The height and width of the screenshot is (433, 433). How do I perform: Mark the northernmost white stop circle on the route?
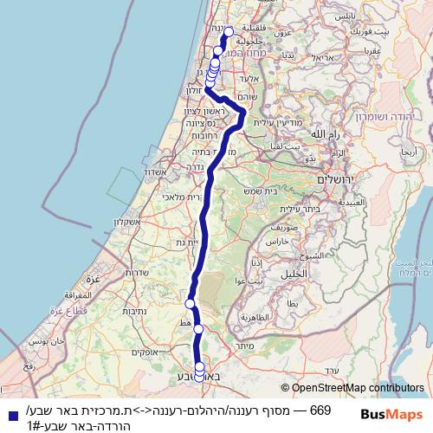pyautogui.click(x=229, y=31)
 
